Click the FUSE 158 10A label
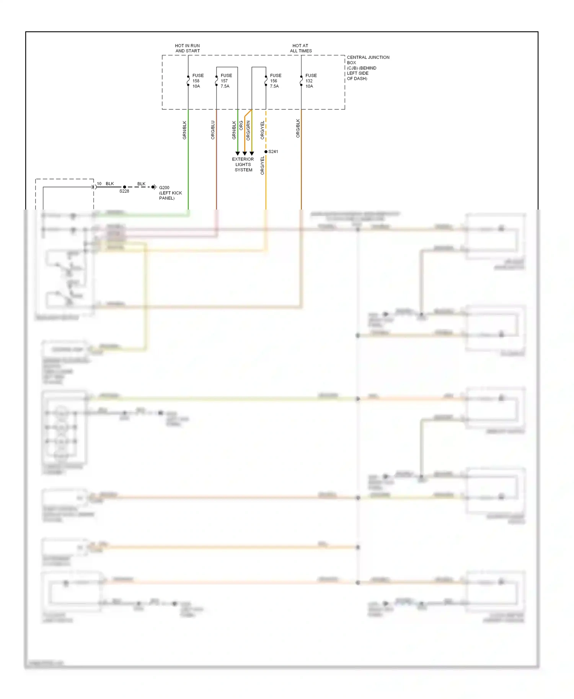click(197, 81)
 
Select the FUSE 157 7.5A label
click(226, 81)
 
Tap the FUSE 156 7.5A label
click(275, 81)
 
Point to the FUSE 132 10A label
click(310, 81)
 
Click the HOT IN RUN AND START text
click(188, 48)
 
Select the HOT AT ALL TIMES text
click(301, 48)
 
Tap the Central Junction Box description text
click(367, 68)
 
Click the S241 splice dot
click(266, 152)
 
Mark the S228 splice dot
click(124, 187)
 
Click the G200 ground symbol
click(154, 187)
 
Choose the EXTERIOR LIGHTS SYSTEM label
click(243, 164)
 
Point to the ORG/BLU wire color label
click(213, 130)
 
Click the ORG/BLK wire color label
click(298, 128)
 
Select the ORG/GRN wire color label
click(248, 130)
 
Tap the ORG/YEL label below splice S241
click(262, 166)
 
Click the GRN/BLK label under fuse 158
click(184, 130)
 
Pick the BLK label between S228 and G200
click(141, 184)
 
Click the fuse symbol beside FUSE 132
click(301, 81)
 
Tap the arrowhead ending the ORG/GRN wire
click(252, 153)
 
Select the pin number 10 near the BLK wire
click(99, 184)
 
